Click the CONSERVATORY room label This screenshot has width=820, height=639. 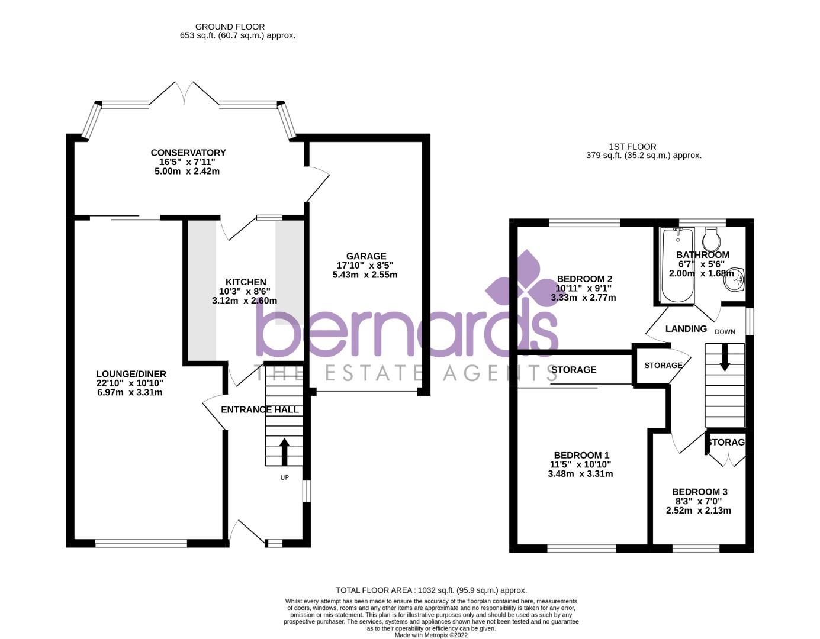[188, 153]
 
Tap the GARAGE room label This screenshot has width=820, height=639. [366, 256]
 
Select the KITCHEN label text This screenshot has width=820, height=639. [246, 282]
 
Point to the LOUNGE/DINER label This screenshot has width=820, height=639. [131, 374]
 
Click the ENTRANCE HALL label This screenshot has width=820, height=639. [259, 409]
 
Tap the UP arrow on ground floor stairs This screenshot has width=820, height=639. [284, 451]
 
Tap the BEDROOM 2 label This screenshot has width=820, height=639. [584, 279]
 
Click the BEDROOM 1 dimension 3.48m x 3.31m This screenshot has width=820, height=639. [580, 474]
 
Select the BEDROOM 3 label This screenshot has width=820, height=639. [699, 492]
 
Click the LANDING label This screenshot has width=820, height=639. [686, 329]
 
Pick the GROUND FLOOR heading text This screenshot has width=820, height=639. [230, 27]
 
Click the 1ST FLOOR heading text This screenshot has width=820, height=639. [632, 147]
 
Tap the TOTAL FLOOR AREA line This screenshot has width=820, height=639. [431, 590]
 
